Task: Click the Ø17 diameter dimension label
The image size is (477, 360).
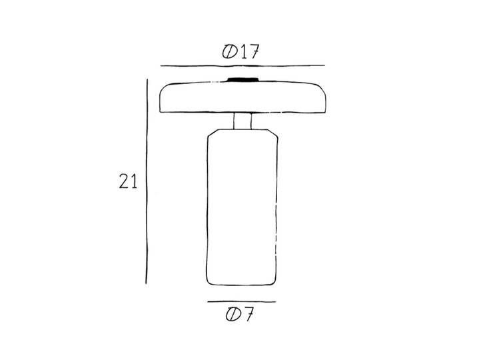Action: click(240, 52)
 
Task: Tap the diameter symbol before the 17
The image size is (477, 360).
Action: click(230, 52)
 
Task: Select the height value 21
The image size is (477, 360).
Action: click(128, 181)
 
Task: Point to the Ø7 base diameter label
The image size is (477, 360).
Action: click(239, 314)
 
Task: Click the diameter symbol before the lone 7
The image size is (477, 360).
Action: click(233, 314)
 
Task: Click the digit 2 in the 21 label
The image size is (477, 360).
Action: click(124, 181)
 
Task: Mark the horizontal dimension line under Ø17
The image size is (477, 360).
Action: click(242, 66)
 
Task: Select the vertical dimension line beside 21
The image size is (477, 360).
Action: click(147, 181)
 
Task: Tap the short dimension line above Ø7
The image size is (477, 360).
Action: click(242, 302)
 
